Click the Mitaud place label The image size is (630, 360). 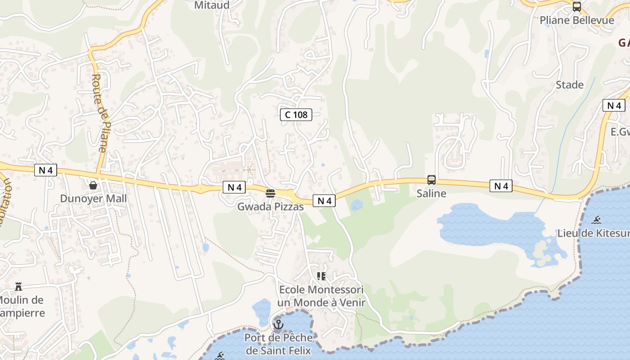[211, 5]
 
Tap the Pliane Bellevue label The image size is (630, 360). [577, 20]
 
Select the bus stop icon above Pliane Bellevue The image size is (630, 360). [577, 7]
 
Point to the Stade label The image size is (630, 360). [569, 85]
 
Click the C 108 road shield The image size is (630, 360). [296, 115]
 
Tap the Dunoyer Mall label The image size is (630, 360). [93, 198]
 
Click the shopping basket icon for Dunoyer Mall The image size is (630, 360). [93, 185]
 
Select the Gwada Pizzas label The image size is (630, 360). [270, 207]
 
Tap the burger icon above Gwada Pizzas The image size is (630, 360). [270, 193]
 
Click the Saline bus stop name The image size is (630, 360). [431, 193]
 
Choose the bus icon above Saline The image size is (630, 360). [432, 180]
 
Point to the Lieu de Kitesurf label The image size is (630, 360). [593, 233]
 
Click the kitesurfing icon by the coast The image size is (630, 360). [596, 220]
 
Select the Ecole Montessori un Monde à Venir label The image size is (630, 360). [321, 296]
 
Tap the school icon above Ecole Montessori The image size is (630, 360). [321, 276]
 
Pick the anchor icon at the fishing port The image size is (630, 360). [279, 324]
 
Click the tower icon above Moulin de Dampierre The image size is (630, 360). [18, 286]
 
